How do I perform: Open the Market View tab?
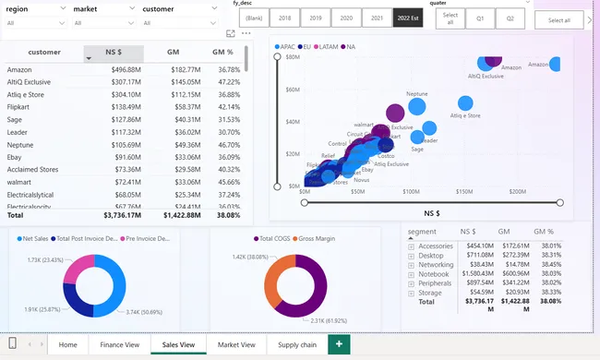click(236, 344)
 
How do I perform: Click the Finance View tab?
click(120, 344)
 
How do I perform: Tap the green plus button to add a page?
click(339, 344)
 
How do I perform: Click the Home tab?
click(67, 344)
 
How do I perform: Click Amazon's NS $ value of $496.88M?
click(126, 70)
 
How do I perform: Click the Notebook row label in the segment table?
click(433, 273)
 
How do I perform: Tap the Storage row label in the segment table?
click(430, 292)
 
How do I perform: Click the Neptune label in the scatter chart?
click(417, 94)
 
